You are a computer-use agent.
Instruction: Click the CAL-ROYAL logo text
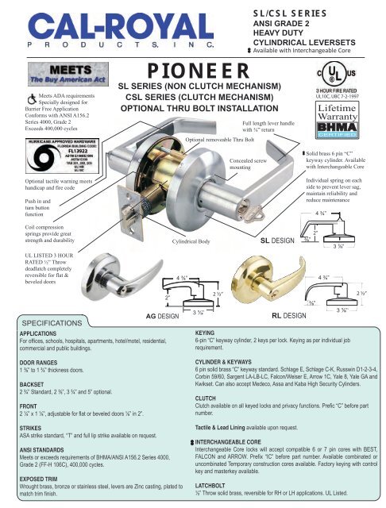[103, 27]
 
